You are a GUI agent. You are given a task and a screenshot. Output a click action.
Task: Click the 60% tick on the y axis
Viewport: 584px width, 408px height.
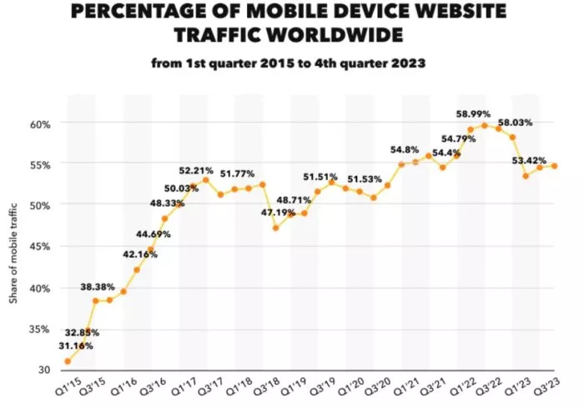40,123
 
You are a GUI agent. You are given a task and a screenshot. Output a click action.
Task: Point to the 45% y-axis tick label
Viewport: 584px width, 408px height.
40,246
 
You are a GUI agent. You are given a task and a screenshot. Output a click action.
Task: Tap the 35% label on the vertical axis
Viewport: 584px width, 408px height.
40,329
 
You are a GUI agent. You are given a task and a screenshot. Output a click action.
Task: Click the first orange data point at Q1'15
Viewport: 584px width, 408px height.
67,361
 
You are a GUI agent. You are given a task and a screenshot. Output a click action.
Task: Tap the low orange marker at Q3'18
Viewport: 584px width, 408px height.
276,228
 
